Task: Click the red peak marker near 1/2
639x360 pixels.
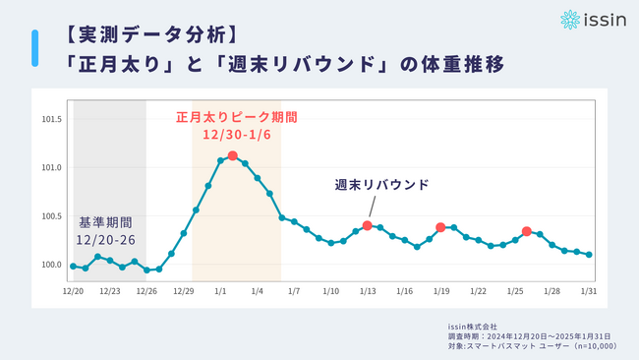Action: click(x=232, y=155)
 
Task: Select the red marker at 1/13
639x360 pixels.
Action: click(x=367, y=225)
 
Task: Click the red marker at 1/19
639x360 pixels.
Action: click(x=440, y=227)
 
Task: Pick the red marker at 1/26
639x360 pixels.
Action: click(x=527, y=231)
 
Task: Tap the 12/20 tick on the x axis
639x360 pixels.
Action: click(x=73, y=291)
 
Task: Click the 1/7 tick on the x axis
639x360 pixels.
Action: click(x=294, y=291)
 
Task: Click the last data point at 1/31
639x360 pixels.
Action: click(x=589, y=254)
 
